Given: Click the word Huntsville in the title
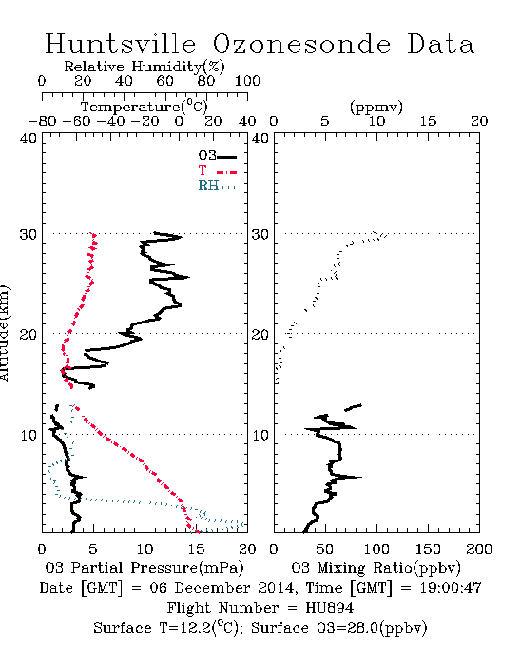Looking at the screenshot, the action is [121, 44].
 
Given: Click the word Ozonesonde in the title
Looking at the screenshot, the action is [301, 45].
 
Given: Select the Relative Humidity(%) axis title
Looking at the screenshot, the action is [145, 67].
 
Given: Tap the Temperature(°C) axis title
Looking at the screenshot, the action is [145, 107].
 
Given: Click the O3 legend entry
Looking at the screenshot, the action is [217, 156].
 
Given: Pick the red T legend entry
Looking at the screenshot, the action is [217, 170].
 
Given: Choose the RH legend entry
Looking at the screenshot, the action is [217, 186].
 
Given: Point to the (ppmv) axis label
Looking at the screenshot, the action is [376, 108].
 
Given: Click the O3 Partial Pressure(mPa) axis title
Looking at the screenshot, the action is [145, 568].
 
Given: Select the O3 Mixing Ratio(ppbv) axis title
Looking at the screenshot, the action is [376, 568].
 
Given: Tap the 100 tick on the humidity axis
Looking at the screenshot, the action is [247, 81].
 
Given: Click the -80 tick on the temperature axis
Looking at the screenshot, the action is [42, 121].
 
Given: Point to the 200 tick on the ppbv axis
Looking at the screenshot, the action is [479, 549].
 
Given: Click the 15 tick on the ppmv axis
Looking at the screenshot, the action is [428, 121].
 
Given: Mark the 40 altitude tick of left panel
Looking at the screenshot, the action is [29, 138].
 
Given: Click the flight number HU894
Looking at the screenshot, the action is [330, 608].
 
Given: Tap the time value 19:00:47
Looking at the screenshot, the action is [451, 588].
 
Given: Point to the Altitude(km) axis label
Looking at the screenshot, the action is [4, 333].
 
